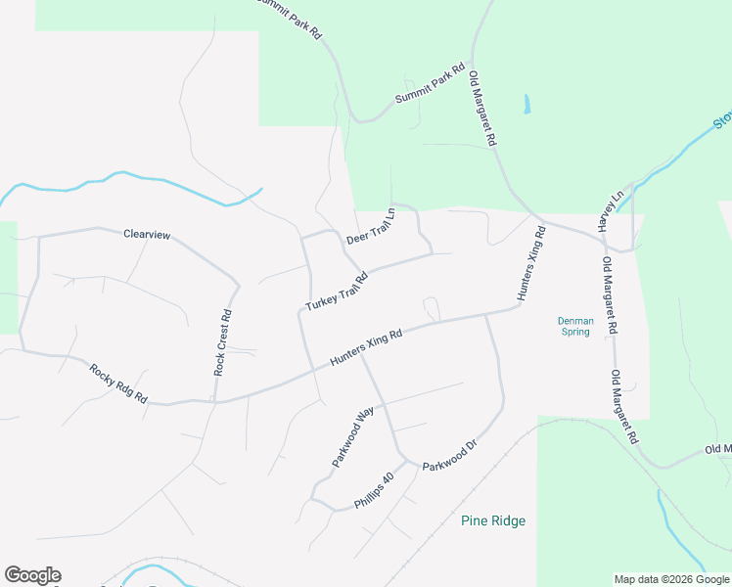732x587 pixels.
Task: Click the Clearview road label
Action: (x=147, y=235)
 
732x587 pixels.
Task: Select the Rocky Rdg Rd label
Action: (x=117, y=384)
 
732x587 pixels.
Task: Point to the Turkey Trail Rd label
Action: (x=336, y=292)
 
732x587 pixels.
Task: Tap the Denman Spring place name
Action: (x=573, y=326)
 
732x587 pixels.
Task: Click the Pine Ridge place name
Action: (x=493, y=521)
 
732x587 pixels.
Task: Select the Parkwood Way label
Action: (x=352, y=436)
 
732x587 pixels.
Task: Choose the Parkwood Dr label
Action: (x=449, y=456)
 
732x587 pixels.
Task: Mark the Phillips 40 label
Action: (x=374, y=491)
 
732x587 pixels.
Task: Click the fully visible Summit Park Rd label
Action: (x=430, y=85)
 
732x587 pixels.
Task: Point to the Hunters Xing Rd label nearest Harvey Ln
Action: (x=530, y=263)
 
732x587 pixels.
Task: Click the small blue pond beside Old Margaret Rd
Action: (x=527, y=103)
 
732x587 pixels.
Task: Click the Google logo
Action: (x=32, y=575)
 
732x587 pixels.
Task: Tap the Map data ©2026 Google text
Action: (x=671, y=579)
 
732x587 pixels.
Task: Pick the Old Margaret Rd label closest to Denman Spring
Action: (x=609, y=296)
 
